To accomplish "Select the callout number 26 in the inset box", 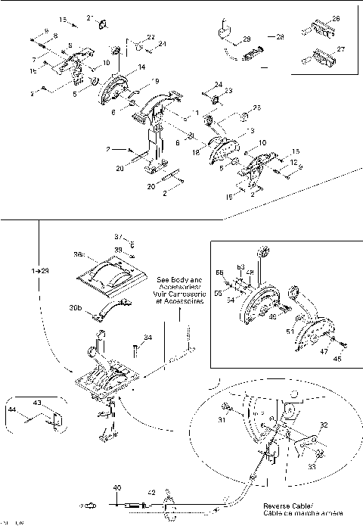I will (x=336, y=18).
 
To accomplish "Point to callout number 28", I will (x=279, y=36).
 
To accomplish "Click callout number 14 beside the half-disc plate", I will (x=141, y=67).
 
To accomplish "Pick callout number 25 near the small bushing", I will (x=257, y=108).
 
